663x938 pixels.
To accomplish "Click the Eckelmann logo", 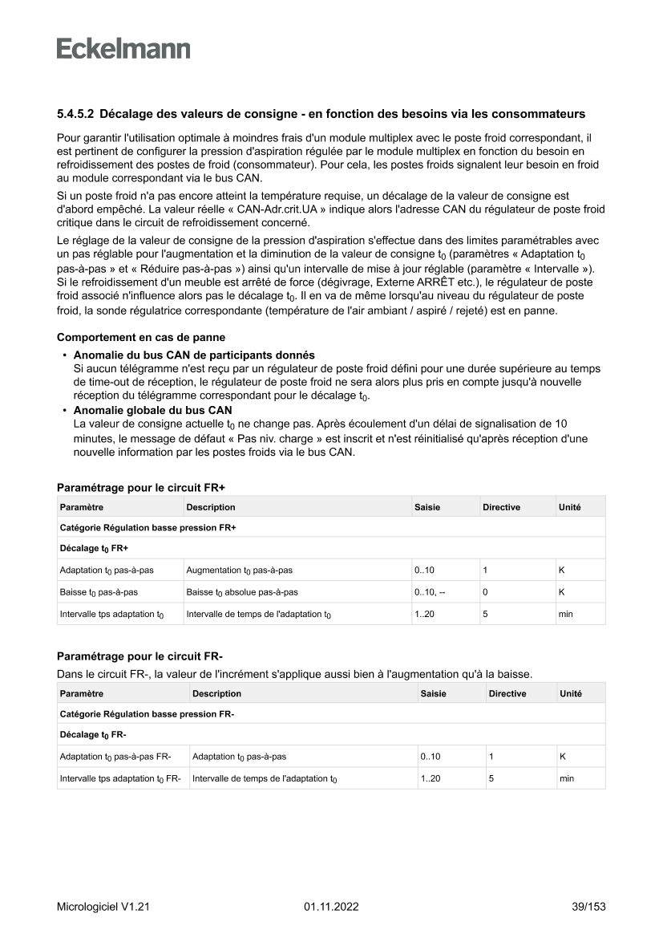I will tap(123, 48).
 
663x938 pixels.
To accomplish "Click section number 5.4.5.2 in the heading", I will tap(75, 114).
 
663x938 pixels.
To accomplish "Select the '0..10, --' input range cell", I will tap(431, 592).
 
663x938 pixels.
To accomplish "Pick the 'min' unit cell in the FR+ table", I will tap(566, 615).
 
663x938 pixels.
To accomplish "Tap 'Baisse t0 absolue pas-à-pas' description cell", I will tap(242, 592).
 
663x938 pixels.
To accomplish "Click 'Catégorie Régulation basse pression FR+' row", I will tap(148, 527).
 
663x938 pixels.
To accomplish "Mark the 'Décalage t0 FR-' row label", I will tap(94, 734).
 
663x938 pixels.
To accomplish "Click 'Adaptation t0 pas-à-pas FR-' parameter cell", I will tap(115, 756).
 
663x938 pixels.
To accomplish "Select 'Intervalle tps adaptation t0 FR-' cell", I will tap(120, 778).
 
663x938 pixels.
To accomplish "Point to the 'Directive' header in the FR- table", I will tap(507, 693).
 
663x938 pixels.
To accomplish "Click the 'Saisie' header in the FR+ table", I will tap(427, 507).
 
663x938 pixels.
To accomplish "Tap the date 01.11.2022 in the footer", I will tap(331, 907).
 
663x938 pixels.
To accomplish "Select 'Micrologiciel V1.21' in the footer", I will tap(103, 907).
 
